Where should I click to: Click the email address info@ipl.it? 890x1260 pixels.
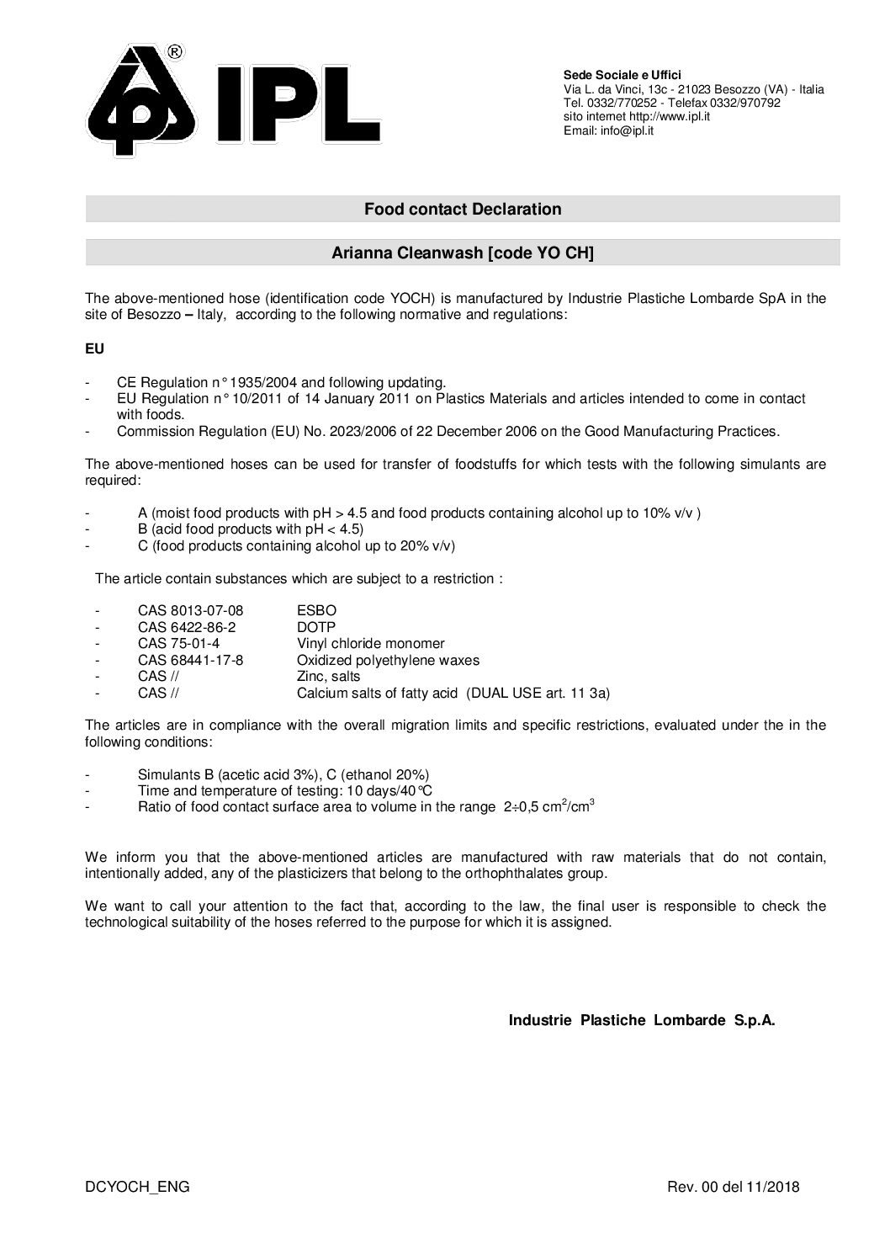point(627,130)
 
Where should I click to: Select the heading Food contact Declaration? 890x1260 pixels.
point(463,209)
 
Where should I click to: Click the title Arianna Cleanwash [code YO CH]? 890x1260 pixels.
point(463,253)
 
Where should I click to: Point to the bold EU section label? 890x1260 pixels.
point(94,348)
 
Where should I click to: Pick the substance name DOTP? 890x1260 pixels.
point(316,627)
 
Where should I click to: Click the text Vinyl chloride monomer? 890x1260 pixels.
point(370,644)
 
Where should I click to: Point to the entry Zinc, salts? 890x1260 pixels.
point(328,677)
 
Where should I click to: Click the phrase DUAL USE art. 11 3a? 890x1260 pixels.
point(538,693)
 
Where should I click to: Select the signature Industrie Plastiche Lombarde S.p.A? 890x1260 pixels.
point(642,1020)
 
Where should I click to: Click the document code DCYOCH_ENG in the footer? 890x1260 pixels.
point(137,1187)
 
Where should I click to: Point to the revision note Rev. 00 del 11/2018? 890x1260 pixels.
point(733,1187)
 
